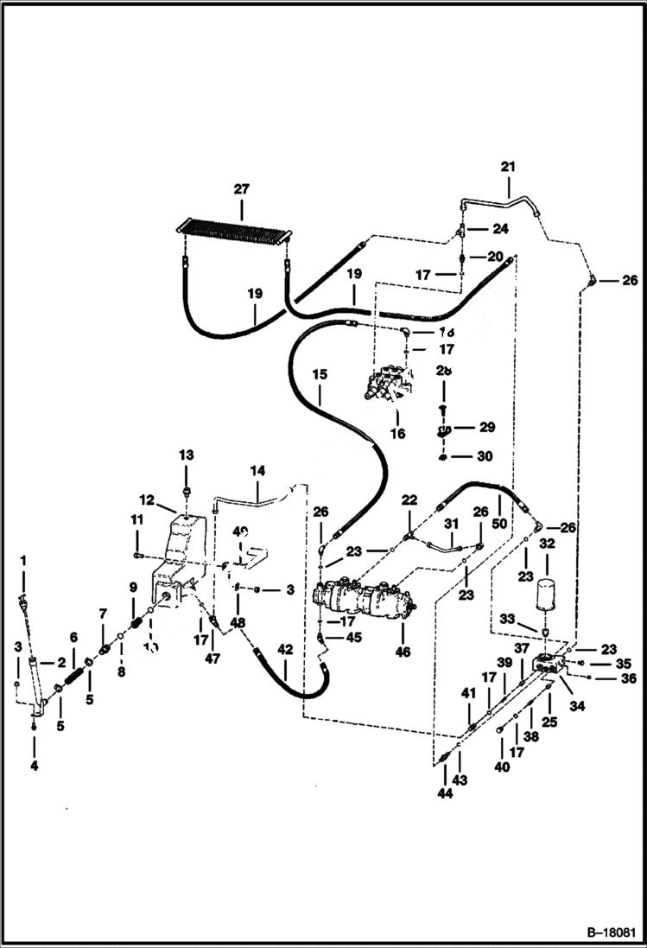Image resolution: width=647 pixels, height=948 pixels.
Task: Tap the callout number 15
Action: click(320, 375)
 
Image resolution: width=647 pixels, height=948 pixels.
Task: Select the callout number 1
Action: click(23, 561)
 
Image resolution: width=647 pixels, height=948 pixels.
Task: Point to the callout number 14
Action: click(257, 471)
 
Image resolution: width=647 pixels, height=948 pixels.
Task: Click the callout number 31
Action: click(450, 524)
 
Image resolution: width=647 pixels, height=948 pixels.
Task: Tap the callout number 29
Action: click(488, 428)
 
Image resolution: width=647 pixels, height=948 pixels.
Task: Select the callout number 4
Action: click(33, 765)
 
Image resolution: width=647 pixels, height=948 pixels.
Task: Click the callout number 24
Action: click(501, 229)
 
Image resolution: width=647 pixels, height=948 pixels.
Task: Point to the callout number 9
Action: click(133, 588)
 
